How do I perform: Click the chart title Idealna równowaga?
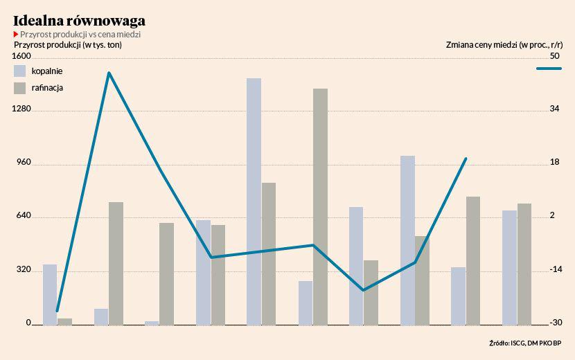[x=79, y=20]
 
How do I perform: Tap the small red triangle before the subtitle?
[x=16, y=34]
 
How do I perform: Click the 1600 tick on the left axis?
[x=22, y=56]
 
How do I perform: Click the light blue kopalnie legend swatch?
[x=20, y=71]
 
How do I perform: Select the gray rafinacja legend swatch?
[x=20, y=88]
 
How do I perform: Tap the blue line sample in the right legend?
[x=549, y=69]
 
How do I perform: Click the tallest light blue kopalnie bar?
[x=254, y=201]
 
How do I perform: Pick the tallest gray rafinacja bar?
[x=320, y=206]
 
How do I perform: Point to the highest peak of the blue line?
[x=109, y=72]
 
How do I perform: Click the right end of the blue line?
[x=466, y=159]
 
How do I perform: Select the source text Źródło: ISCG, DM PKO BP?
[x=525, y=343]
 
